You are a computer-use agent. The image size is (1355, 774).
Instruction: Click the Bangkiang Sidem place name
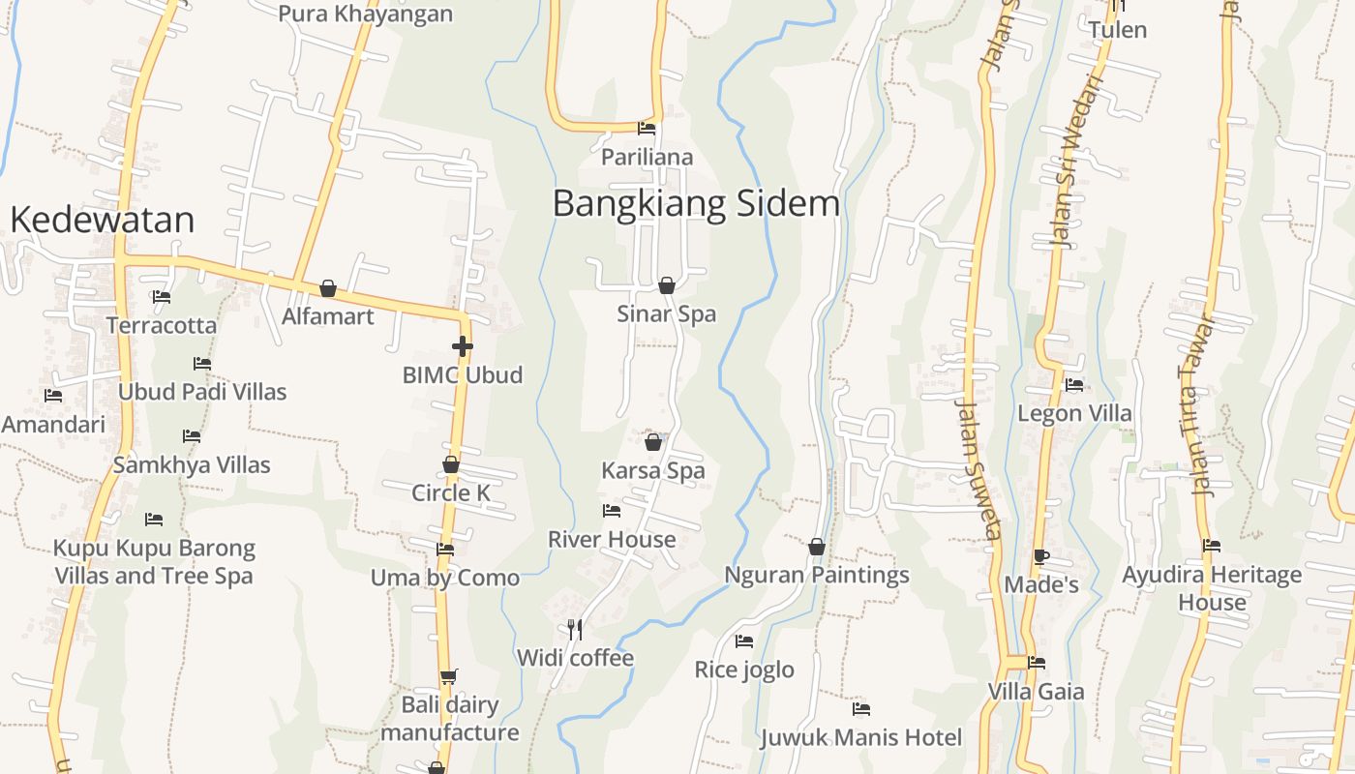(696, 204)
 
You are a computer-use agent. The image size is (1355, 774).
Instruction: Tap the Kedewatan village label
(102, 221)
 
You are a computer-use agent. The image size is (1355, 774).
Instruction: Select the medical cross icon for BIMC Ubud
(463, 345)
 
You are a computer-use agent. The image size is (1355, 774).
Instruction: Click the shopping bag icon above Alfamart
(328, 288)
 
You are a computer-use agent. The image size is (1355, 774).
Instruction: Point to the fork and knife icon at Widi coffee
(575, 630)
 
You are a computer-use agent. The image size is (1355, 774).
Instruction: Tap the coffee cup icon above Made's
(1041, 556)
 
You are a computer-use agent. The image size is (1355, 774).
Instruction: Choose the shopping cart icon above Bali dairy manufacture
(448, 676)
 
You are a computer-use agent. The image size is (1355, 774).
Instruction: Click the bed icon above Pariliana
(647, 128)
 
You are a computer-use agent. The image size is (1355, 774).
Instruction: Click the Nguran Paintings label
(817, 575)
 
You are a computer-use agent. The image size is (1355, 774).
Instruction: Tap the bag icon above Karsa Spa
(653, 442)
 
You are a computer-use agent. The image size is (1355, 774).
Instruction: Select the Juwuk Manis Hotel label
(860, 737)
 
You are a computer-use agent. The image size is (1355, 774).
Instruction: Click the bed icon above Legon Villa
(1074, 385)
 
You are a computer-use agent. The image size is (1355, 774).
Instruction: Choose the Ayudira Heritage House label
(1212, 588)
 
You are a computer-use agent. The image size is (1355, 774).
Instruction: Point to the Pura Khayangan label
(365, 14)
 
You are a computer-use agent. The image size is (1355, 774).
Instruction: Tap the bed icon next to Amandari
(53, 396)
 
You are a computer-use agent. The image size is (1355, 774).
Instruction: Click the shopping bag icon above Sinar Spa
(667, 285)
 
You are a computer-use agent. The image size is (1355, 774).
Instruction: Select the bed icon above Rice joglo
(744, 640)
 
